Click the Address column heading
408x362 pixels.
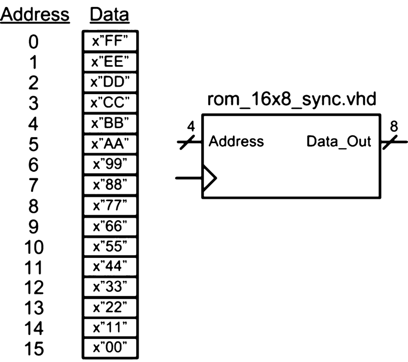[x=35, y=15]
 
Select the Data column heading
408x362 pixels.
[x=109, y=15]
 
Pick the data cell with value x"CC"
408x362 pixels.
[x=110, y=103]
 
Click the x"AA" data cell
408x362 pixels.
[x=110, y=144]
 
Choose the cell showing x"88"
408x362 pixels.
[x=110, y=185]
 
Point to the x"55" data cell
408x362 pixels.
[x=110, y=246]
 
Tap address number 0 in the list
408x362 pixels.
[x=33, y=42]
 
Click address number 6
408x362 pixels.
[x=33, y=165]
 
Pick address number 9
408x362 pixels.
[x=33, y=227]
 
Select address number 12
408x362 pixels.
[x=33, y=288]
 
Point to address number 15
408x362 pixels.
[x=33, y=349]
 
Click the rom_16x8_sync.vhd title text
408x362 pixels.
[x=292, y=101]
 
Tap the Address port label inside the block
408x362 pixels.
[x=236, y=142]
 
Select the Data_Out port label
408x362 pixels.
[x=338, y=142]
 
